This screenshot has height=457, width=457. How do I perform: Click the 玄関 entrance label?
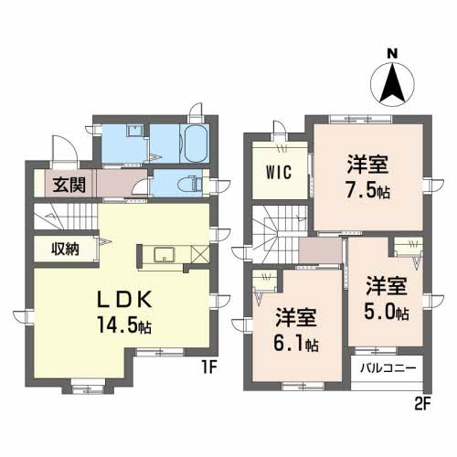[69, 185]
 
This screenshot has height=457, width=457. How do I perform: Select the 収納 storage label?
[64, 248]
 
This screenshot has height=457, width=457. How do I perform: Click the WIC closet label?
[279, 173]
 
